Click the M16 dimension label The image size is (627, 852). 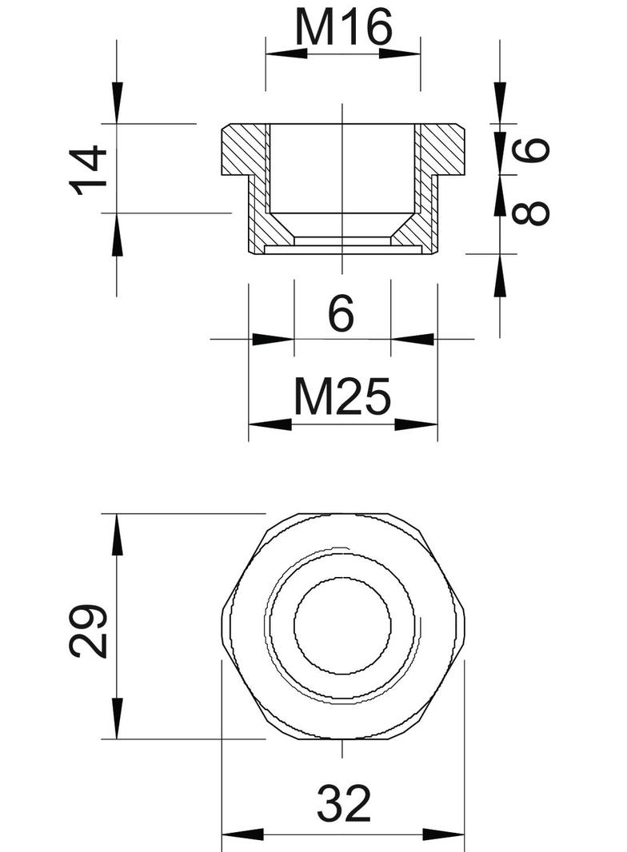pos(343,30)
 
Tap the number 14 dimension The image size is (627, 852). pos(89,169)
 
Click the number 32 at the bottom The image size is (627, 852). pos(344,804)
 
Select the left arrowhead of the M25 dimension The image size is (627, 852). pos(270,424)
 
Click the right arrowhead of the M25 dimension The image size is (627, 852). pos(417,424)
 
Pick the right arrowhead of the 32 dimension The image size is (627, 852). pos(444,835)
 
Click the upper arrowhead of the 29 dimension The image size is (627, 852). pos(118,535)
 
